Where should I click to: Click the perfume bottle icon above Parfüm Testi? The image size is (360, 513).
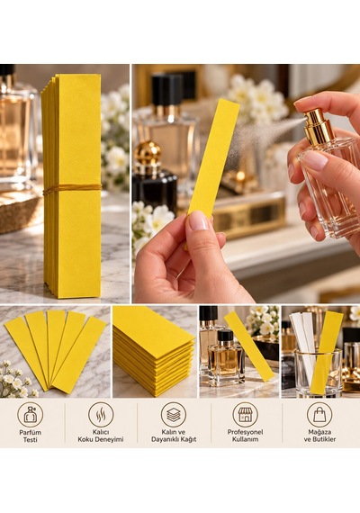[x=30, y=415]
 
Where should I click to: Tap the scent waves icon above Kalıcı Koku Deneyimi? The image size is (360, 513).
[x=101, y=415]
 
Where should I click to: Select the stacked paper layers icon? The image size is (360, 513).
[x=174, y=415]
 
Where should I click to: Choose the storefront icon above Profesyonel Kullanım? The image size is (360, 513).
[x=245, y=415]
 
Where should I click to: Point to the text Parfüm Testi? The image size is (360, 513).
[x=30, y=436]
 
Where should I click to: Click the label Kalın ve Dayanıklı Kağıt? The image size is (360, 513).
[x=174, y=436]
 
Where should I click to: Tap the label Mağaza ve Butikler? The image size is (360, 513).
[x=319, y=436]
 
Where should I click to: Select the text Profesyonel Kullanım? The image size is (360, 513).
[x=245, y=436]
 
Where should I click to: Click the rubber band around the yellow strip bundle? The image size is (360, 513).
[x=73, y=188]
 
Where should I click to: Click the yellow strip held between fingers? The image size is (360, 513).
[x=213, y=157]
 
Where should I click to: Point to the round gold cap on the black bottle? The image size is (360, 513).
[x=148, y=153]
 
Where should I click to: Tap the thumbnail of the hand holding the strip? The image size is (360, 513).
[x=246, y=184]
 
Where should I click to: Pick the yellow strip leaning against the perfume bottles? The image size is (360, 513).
[x=249, y=346]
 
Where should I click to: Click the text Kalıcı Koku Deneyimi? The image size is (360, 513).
[x=101, y=436]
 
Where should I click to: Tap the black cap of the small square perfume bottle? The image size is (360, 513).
[x=226, y=336]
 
